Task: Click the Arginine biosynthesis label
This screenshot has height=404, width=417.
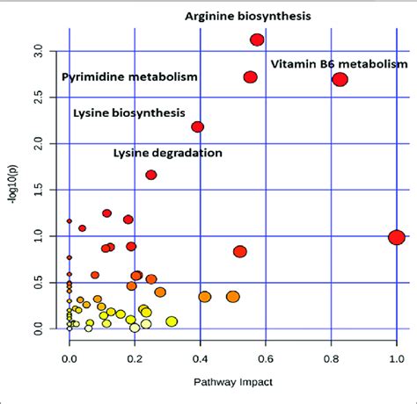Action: [x=247, y=16]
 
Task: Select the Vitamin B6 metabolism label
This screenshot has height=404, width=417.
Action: [x=339, y=64]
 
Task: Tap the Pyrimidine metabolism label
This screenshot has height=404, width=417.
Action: [x=129, y=77]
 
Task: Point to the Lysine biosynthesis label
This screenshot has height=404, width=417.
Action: [x=129, y=113]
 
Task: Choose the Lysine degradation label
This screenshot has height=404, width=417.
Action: [x=168, y=153]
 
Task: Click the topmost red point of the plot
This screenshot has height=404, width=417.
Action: [x=257, y=40]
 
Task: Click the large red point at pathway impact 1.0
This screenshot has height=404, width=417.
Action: [x=396, y=237]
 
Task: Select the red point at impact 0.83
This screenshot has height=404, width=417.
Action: [x=340, y=80]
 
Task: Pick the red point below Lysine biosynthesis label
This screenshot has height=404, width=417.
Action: [x=197, y=127]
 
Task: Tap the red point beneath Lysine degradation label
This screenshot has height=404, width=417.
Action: [x=151, y=175]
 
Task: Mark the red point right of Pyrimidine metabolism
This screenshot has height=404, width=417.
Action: [x=250, y=77]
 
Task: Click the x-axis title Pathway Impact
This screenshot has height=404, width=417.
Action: [x=232, y=383]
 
